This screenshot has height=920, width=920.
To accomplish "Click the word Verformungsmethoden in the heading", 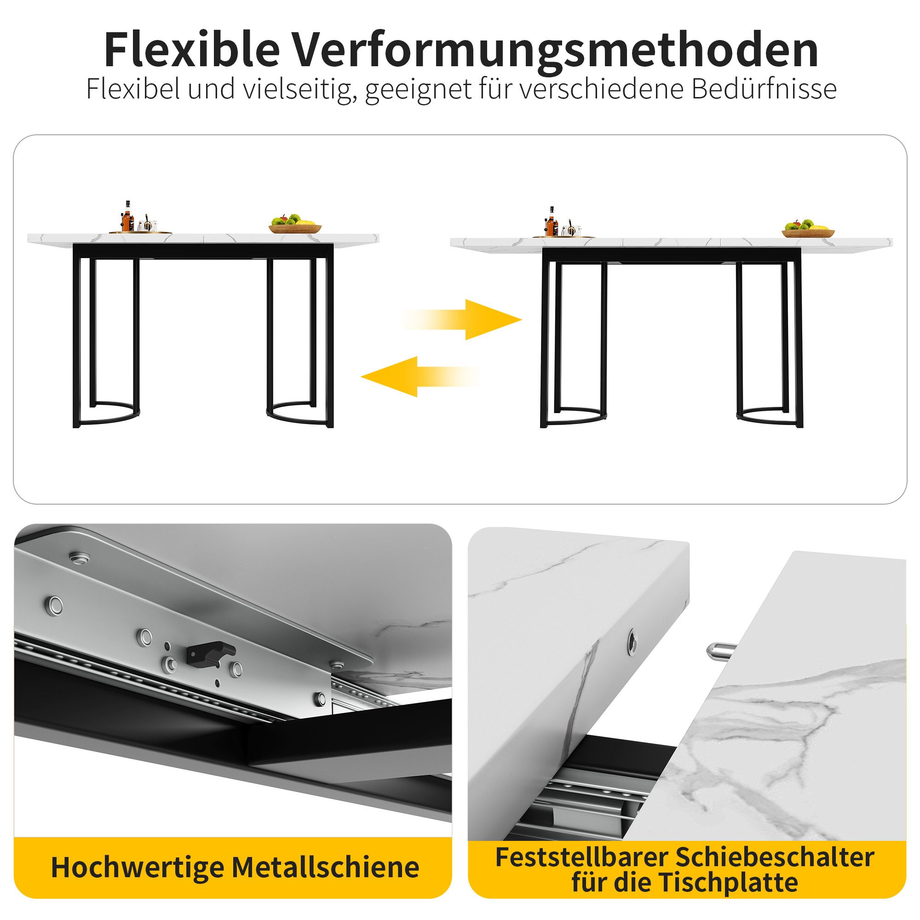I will click(x=555, y=50).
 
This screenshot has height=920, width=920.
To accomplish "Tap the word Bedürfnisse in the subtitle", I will click(x=764, y=89).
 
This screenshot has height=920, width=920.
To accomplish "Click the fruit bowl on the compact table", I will click(x=295, y=224).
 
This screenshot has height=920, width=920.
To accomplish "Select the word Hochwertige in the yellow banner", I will click(x=138, y=867).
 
